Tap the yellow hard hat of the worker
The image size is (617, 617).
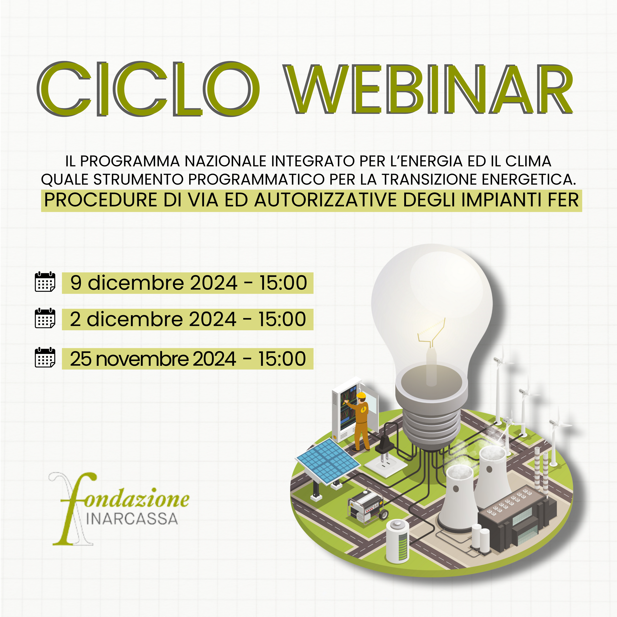coord(361,395)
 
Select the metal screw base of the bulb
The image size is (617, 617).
coord(431,422)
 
